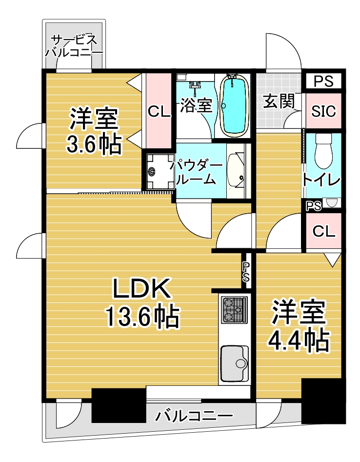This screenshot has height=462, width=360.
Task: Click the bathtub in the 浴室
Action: tap(233, 105)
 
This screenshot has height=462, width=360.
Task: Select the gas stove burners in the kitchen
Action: tap(235, 310)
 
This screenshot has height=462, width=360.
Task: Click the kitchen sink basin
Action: tap(235, 363)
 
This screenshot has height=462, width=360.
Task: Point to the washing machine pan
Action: tap(160, 172)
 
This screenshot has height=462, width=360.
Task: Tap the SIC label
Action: tap(323, 111)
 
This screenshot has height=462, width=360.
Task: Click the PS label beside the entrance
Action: tap(323, 81)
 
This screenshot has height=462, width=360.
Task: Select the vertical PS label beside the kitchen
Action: tap(246, 272)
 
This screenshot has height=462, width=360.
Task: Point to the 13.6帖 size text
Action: tap(143, 317)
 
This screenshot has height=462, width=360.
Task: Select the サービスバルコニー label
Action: tap(74, 46)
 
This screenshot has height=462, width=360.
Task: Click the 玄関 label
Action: tap(279, 101)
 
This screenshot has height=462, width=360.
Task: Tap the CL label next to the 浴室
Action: tap(160, 111)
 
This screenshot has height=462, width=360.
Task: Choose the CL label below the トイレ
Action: tap(324, 232)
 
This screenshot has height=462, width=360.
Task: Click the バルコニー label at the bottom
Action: tap(194, 416)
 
